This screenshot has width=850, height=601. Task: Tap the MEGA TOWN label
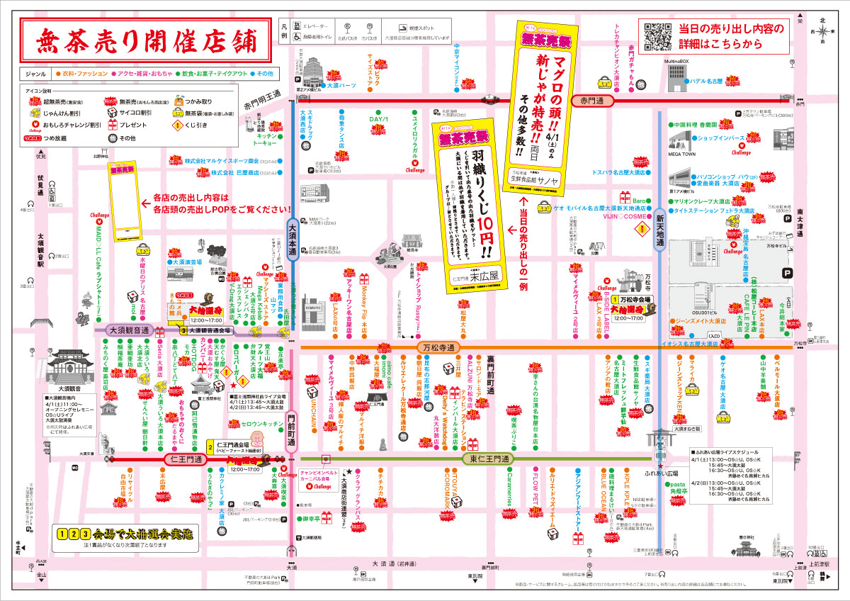click(x=681, y=154)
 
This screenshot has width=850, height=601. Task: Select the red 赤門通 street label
click(x=594, y=101)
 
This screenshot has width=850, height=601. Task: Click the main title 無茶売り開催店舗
click(x=144, y=40)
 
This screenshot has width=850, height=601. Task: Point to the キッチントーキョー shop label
click(x=263, y=138)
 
